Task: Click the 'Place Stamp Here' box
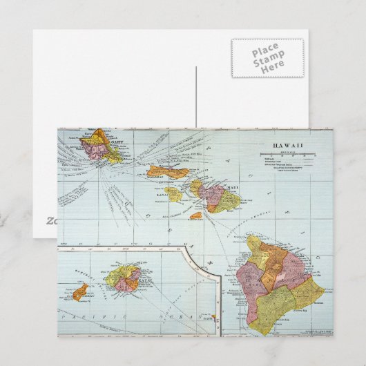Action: pyautogui.click(x=267, y=57)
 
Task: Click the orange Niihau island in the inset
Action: pyautogui.click(x=80, y=291)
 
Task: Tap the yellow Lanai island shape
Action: pyautogui.click(x=173, y=195)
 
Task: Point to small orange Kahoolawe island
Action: pyautogui.click(x=196, y=215)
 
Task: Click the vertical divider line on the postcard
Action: pyautogui.click(x=196, y=97)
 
